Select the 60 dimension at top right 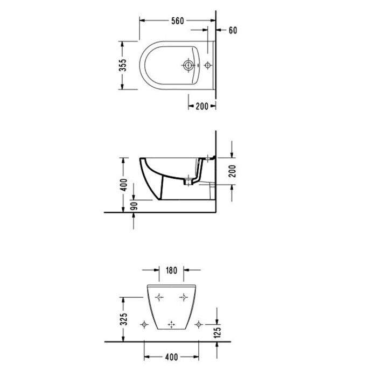(233, 30)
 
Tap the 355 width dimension (123, 65)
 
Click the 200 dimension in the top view (201, 107)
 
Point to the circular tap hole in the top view (188, 66)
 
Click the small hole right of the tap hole (207, 66)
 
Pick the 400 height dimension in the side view (124, 184)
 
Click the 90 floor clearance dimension (134, 206)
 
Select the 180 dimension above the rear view (172, 270)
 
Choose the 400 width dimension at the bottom (171, 357)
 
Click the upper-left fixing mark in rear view (158, 297)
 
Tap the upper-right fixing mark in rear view (184, 297)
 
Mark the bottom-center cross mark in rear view (172, 324)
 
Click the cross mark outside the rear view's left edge (144, 324)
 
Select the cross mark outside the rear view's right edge (199, 324)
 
